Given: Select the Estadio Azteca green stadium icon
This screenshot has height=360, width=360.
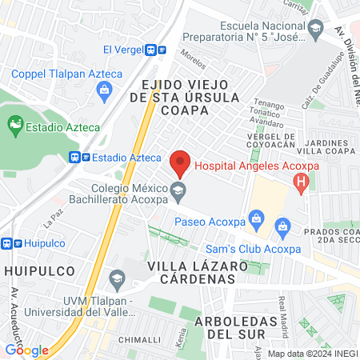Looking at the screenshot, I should [x=14, y=125].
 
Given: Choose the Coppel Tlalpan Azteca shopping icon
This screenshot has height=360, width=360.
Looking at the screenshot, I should [x=105, y=90].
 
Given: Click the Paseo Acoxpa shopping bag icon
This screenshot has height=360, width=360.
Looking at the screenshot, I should [x=256, y=217].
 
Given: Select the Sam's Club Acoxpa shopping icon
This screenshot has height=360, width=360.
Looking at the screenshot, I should [x=282, y=229].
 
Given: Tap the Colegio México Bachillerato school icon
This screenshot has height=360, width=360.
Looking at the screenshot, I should [x=179, y=190].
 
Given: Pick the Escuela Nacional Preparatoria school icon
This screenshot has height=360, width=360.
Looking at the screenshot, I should [x=315, y=31].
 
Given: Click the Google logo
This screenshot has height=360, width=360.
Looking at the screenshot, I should [x=27, y=350].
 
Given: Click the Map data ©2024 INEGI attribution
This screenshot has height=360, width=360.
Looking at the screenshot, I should [x=312, y=353].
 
